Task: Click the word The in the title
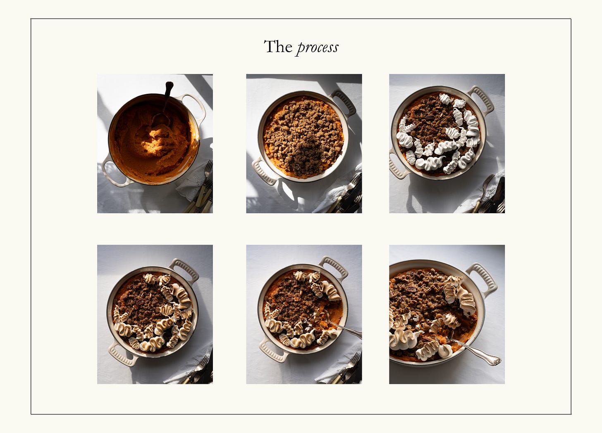click(278, 47)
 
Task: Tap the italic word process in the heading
click(318, 48)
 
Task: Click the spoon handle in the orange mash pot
click(167, 96)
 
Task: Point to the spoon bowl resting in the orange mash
click(161, 120)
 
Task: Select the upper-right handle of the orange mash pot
click(193, 106)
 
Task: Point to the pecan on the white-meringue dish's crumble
click(430, 118)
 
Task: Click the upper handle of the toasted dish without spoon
click(185, 269)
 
